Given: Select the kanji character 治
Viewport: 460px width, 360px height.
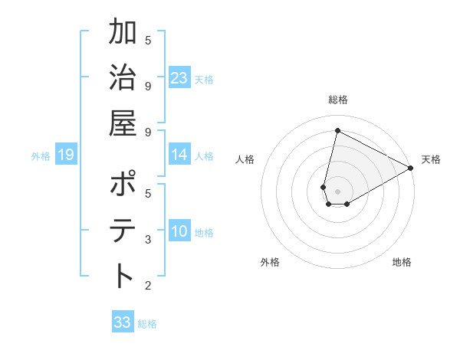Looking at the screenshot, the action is click(x=123, y=78).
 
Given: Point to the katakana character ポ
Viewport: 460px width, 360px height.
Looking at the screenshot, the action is click(x=123, y=186).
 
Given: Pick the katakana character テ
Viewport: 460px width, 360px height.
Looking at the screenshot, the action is click(x=123, y=231).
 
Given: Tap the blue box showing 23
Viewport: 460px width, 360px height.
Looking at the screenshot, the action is click(x=179, y=78).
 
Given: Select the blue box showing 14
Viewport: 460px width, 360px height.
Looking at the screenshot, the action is click(x=179, y=155).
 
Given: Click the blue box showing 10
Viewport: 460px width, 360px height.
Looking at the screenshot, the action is click(x=179, y=231).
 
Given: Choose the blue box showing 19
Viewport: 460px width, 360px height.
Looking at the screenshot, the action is click(x=65, y=155).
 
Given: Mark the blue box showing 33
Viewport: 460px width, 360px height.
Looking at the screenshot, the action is click(x=123, y=322).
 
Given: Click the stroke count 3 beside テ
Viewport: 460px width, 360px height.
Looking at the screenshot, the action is click(x=148, y=240).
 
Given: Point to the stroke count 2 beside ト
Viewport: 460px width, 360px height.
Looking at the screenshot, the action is click(x=148, y=286).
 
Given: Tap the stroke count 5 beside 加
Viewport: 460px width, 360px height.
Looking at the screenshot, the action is click(x=148, y=40).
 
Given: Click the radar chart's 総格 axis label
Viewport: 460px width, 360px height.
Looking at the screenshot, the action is click(x=337, y=100).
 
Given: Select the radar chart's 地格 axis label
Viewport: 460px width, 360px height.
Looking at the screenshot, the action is click(x=402, y=262).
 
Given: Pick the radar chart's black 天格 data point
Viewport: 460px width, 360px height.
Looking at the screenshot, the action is click(x=411, y=169).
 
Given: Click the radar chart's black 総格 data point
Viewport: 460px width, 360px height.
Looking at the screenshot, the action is click(x=337, y=130).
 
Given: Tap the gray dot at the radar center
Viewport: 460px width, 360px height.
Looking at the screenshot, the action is click(x=337, y=190).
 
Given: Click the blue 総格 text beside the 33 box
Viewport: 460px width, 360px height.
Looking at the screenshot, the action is click(x=147, y=324).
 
